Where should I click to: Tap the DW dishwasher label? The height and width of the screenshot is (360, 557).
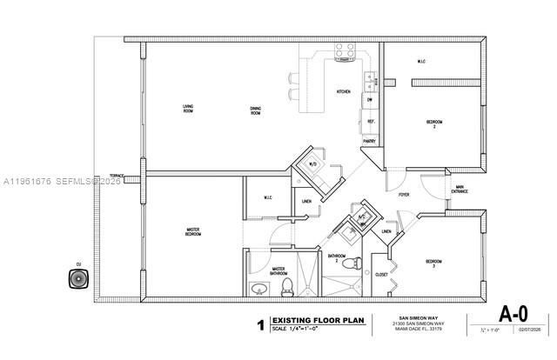click(x=369, y=99)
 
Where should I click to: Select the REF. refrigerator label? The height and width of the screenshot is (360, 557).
click(x=370, y=122)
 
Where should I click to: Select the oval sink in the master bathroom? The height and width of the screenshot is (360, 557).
click(x=258, y=290)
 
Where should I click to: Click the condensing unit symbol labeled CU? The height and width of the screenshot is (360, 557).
click(x=78, y=279)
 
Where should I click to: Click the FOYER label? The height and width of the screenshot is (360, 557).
click(x=404, y=195)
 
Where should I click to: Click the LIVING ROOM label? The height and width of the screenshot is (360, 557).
click(x=187, y=110)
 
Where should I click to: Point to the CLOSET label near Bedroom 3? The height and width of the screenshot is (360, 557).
click(x=380, y=275)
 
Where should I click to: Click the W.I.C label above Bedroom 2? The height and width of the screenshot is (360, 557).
click(x=420, y=62)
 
